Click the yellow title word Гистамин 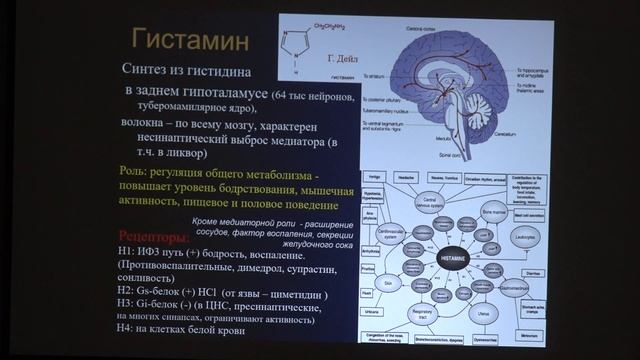(x=191, y=43)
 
